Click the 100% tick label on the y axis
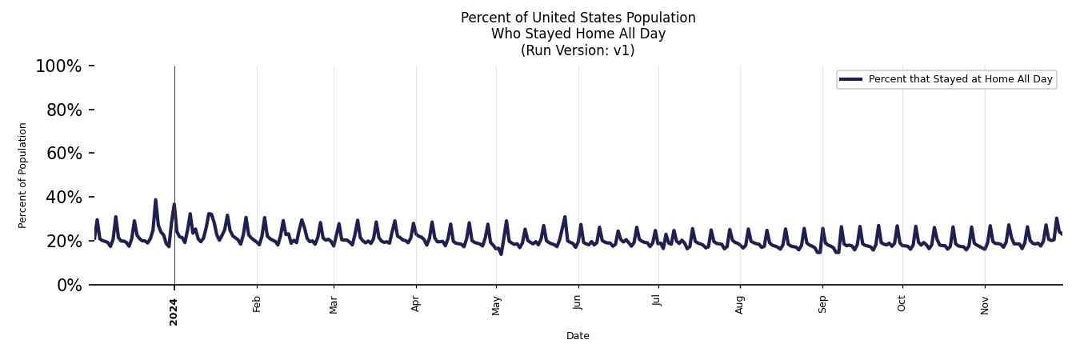pyautogui.click(x=58, y=66)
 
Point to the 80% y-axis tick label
pyautogui.click(x=63, y=110)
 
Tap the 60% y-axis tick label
pyautogui.click(x=63, y=154)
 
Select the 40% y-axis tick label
pyautogui.click(x=63, y=198)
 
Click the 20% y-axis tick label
pyautogui.click(x=63, y=242)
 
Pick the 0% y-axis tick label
pyautogui.click(x=69, y=286)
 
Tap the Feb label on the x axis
pyautogui.click(x=257, y=303)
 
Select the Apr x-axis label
pyautogui.click(x=416, y=303)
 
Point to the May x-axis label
pyautogui.click(x=496, y=305)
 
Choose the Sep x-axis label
pyautogui.click(x=822, y=303)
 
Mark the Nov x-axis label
pyautogui.click(x=985, y=304)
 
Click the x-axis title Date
pyautogui.click(x=578, y=336)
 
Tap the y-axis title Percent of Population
pyautogui.click(x=23, y=175)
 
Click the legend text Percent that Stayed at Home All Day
pyautogui.click(x=960, y=79)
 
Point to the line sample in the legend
pyautogui.click(x=851, y=79)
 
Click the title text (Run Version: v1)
pyautogui.click(x=578, y=50)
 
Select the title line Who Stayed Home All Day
pyautogui.click(x=578, y=34)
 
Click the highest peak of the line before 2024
pyautogui.click(x=155, y=200)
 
